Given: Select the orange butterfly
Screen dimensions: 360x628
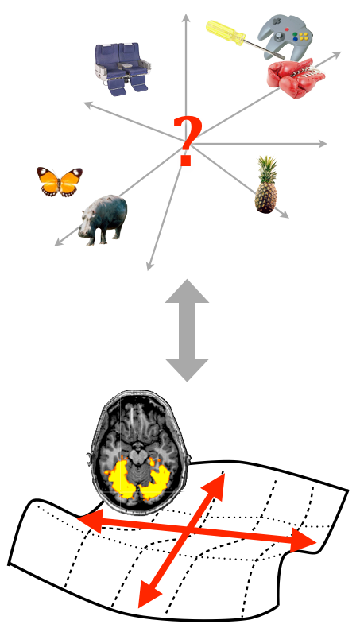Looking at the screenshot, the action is tap(60, 182).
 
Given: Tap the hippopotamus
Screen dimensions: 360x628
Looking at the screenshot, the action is tap(103, 219).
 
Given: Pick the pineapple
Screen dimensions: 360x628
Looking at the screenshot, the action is tap(266, 185).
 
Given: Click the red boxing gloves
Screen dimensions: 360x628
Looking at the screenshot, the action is tap(295, 78).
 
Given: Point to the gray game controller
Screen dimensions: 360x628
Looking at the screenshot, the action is tap(285, 36).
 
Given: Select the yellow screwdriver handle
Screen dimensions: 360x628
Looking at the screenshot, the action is tap(225, 33).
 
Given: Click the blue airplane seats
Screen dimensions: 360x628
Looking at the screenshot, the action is tap(122, 69).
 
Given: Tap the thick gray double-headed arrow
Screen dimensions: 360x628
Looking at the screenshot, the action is tap(187, 330).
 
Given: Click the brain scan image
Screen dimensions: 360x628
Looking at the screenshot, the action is tap(139, 452).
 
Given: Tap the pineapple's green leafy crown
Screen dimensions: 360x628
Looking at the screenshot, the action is tap(267, 169).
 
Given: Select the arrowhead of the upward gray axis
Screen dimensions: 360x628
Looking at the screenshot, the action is tap(186, 17).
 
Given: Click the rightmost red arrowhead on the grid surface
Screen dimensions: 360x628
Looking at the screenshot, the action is tap(303, 541).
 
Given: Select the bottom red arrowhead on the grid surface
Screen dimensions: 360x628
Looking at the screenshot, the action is tap(148, 595).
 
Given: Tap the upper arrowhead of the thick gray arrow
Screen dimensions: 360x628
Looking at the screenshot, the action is tap(187, 293).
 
